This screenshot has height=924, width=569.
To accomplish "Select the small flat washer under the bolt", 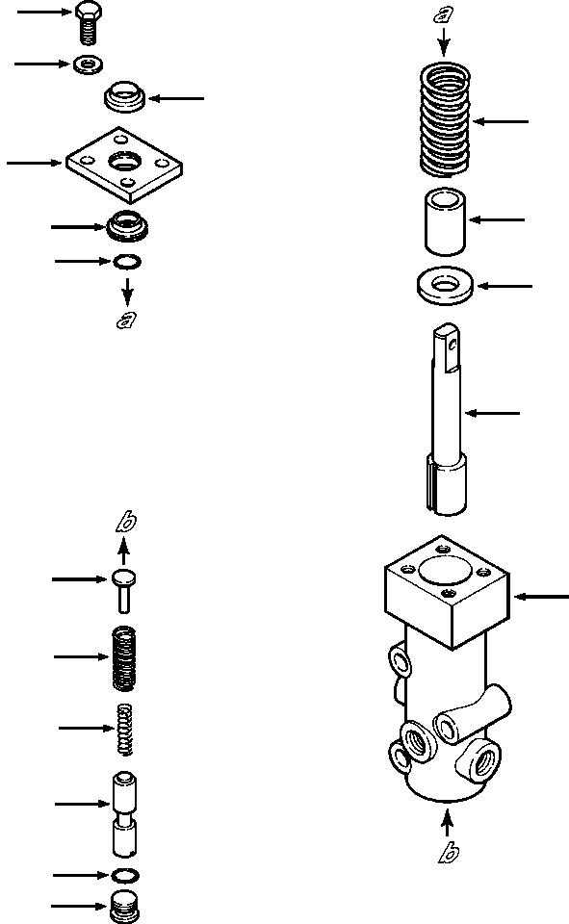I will coord(89,65).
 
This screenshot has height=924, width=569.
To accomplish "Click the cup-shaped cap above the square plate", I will coord(124,97).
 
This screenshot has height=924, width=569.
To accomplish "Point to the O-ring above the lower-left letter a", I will coord(126,262).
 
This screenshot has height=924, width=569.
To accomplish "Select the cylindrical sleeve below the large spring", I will coord(443,220).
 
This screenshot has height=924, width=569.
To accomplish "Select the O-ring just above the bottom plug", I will coord(124,876).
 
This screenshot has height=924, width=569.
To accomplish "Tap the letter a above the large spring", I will coord(444,13).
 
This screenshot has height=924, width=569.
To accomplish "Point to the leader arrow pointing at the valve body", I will coord(542,597).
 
